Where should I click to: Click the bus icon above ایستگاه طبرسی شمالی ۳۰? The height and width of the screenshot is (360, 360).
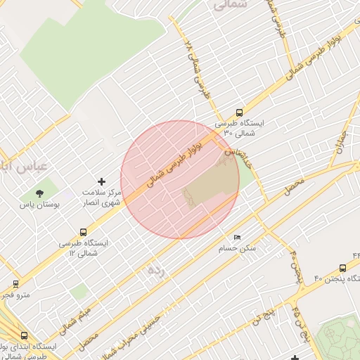point(240,112)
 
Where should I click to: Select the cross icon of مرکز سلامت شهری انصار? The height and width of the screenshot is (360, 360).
point(101,181)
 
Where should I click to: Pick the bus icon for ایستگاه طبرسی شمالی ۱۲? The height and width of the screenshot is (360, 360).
point(84,232)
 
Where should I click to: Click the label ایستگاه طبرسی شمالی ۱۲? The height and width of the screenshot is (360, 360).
point(85,247)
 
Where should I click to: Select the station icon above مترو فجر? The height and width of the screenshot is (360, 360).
point(15,284)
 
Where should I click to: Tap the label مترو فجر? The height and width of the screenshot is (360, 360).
point(15,295)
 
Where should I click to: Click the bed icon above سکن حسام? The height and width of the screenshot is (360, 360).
point(237,238)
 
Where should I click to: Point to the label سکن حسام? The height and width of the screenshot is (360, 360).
point(238,249)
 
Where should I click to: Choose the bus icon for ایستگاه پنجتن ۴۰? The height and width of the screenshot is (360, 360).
point(342,268)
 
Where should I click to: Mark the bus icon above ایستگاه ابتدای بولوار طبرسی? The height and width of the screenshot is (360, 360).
point(25,336)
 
